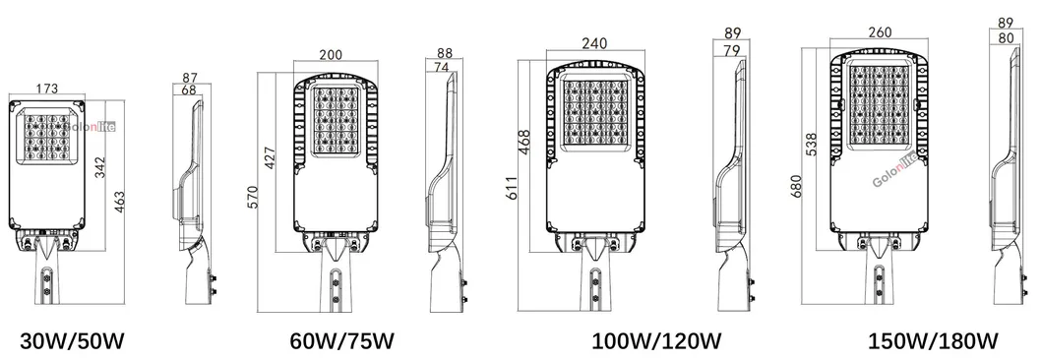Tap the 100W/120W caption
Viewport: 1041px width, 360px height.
coord(656,341)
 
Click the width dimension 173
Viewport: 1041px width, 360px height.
coord(46,89)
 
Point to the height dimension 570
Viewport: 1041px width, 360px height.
coord(252,192)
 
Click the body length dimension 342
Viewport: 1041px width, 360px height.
coord(99,166)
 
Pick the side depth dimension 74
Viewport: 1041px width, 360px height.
coord(442,67)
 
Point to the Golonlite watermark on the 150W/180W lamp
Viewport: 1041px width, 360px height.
coord(894,175)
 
